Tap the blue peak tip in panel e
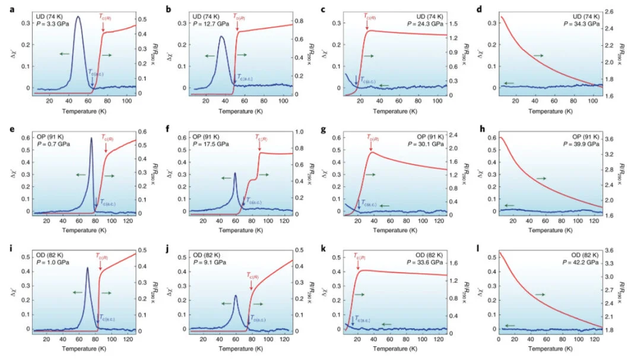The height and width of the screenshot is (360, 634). (x=91, y=138)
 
